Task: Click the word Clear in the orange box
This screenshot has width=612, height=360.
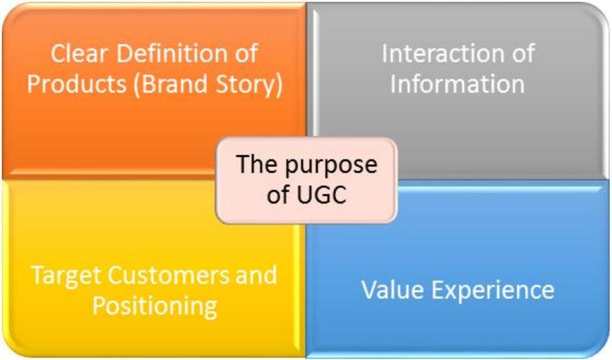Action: [x=79, y=53]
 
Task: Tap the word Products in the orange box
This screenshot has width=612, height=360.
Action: [x=76, y=84]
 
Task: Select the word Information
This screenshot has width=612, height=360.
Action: [x=458, y=84]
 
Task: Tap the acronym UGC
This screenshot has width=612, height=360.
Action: [x=321, y=194]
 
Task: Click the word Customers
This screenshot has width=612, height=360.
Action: [x=168, y=275]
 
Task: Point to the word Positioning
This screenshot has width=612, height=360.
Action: [x=154, y=307]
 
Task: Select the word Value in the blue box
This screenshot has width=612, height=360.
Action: [x=392, y=290]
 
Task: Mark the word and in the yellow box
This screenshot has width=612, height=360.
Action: [x=256, y=275]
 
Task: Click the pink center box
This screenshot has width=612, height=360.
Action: [x=307, y=180]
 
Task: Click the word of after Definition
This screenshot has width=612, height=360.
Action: [x=246, y=53]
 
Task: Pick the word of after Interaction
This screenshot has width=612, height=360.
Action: [x=523, y=53]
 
